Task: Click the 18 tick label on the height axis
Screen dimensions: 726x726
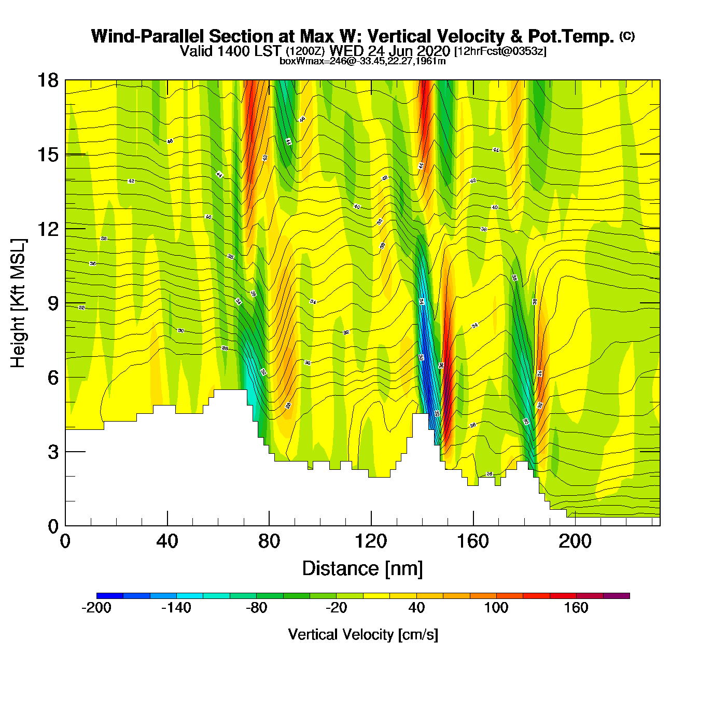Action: (48, 80)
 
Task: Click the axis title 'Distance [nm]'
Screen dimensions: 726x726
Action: (362, 569)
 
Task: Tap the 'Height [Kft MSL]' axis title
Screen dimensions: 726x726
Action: (18, 303)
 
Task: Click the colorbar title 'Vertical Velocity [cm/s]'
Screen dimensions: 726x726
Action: (363, 634)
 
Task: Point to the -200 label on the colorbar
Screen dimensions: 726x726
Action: (96, 608)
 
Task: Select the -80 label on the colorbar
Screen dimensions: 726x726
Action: (256, 608)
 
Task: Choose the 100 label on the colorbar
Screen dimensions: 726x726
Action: (496, 608)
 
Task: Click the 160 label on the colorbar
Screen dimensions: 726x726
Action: (576, 608)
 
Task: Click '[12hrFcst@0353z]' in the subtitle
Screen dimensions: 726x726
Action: (500, 51)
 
